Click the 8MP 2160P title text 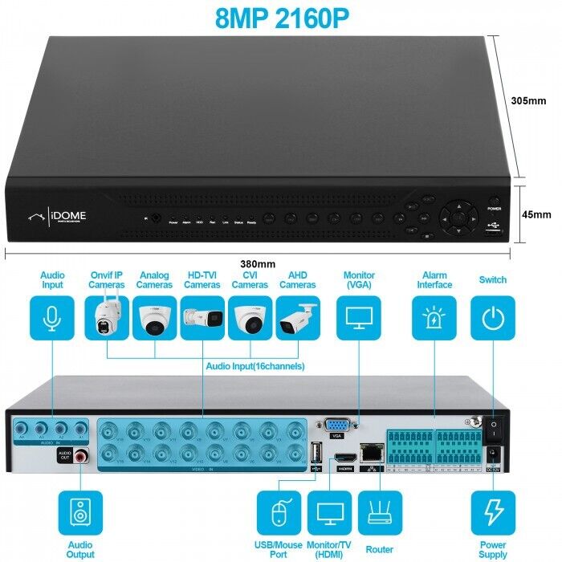(282, 18)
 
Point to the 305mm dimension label (528, 101)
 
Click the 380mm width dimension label (258, 263)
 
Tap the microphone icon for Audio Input (52, 319)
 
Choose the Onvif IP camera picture (107, 319)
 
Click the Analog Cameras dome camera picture (154, 319)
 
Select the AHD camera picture (298, 319)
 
